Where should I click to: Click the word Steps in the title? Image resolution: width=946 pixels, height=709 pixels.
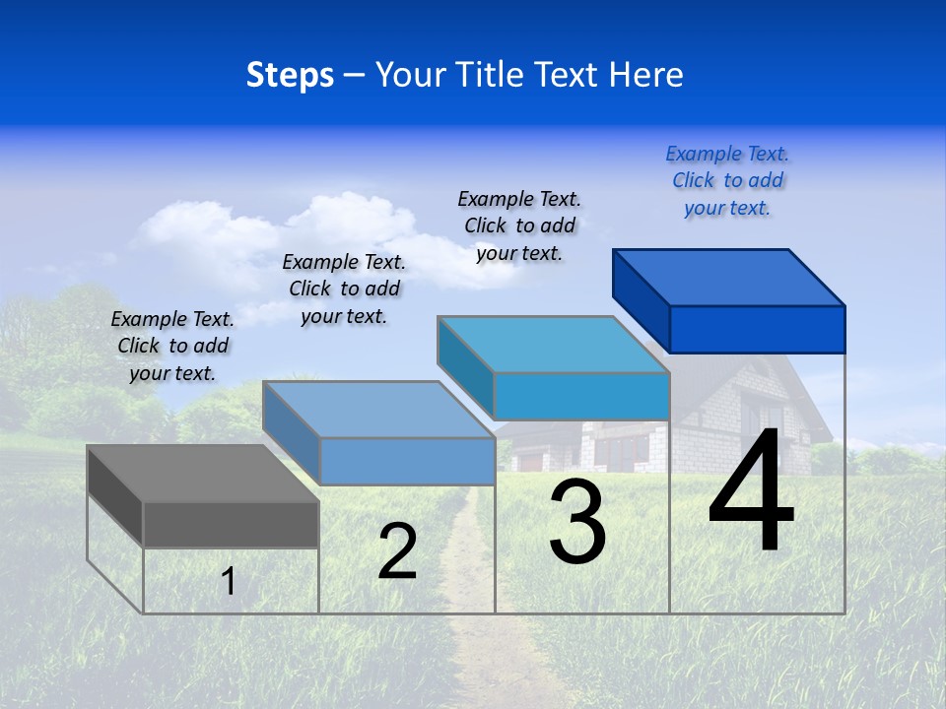click(289, 75)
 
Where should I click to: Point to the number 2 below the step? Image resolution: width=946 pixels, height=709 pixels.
click(397, 551)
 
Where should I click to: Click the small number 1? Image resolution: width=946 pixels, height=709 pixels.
click(229, 581)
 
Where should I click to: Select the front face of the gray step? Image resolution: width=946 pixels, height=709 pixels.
click(231, 524)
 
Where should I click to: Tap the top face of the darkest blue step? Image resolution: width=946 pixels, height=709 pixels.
click(729, 277)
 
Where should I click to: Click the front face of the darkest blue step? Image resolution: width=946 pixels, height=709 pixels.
click(757, 329)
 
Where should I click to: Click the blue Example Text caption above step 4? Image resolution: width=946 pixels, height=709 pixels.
click(727, 180)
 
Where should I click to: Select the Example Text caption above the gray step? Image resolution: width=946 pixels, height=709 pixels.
click(172, 346)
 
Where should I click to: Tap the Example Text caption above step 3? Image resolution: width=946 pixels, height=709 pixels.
click(520, 226)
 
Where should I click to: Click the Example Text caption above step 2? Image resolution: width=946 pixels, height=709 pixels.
click(344, 289)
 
